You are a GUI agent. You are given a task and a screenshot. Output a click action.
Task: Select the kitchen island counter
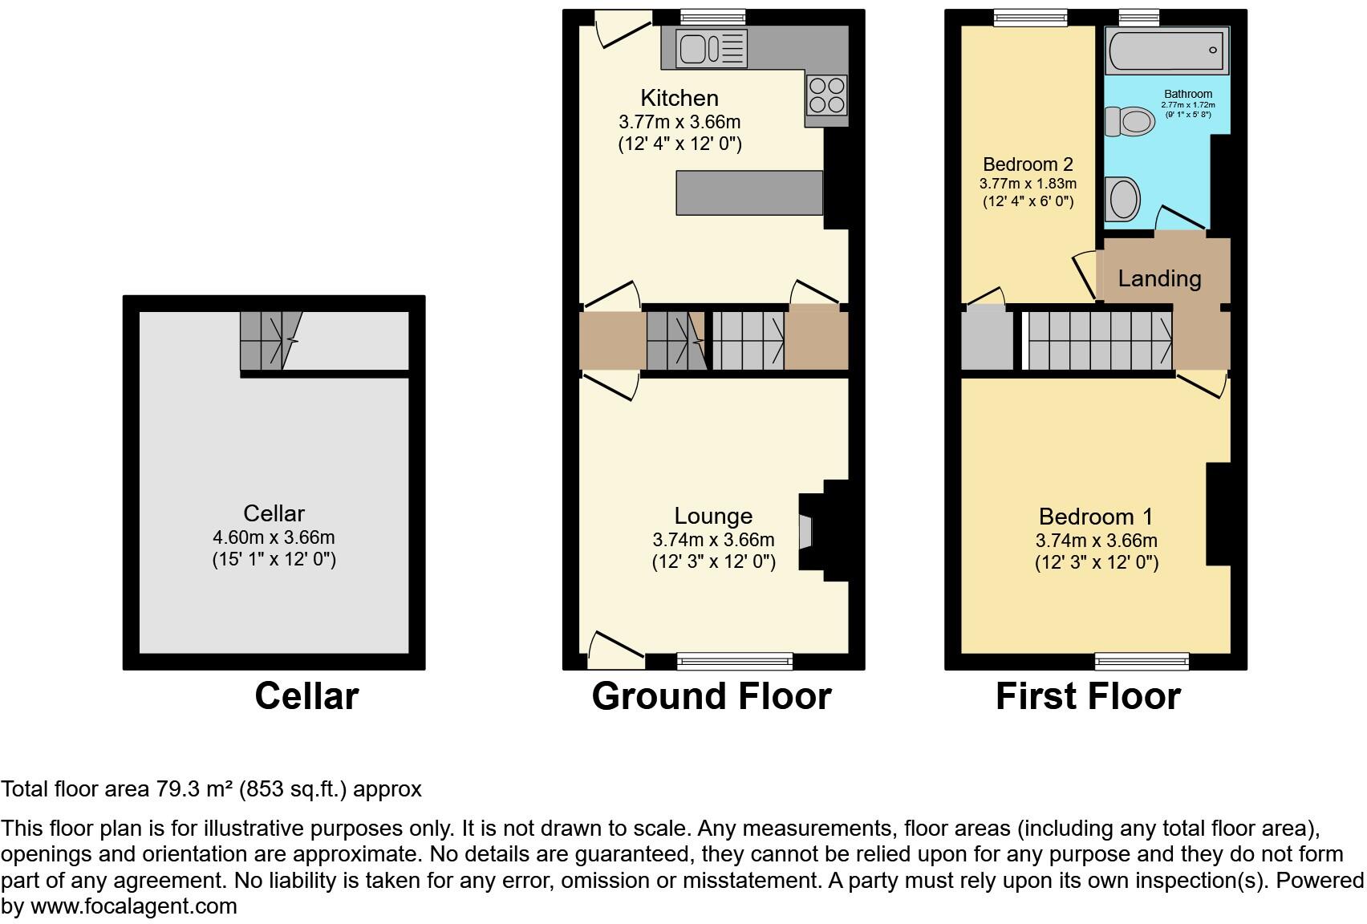[749, 192]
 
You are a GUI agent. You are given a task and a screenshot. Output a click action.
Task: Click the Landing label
[1159, 278]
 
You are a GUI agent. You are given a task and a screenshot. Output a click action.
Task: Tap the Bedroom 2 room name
[1028, 164]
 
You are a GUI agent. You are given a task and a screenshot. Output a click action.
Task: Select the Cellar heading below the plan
[306, 696]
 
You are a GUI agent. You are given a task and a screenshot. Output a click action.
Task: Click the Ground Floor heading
[712, 696]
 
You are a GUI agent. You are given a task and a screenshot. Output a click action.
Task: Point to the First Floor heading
[1088, 696]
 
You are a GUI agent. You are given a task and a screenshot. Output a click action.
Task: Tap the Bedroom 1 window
[1142, 661]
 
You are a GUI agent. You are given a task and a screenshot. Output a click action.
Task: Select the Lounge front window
[735, 661]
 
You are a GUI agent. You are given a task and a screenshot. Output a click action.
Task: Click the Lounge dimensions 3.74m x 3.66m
[713, 540]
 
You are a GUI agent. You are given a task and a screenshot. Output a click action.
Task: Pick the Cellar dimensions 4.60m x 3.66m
[274, 537]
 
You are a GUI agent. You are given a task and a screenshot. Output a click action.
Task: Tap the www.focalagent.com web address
[134, 906]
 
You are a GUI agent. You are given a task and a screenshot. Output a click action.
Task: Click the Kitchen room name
[679, 98]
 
